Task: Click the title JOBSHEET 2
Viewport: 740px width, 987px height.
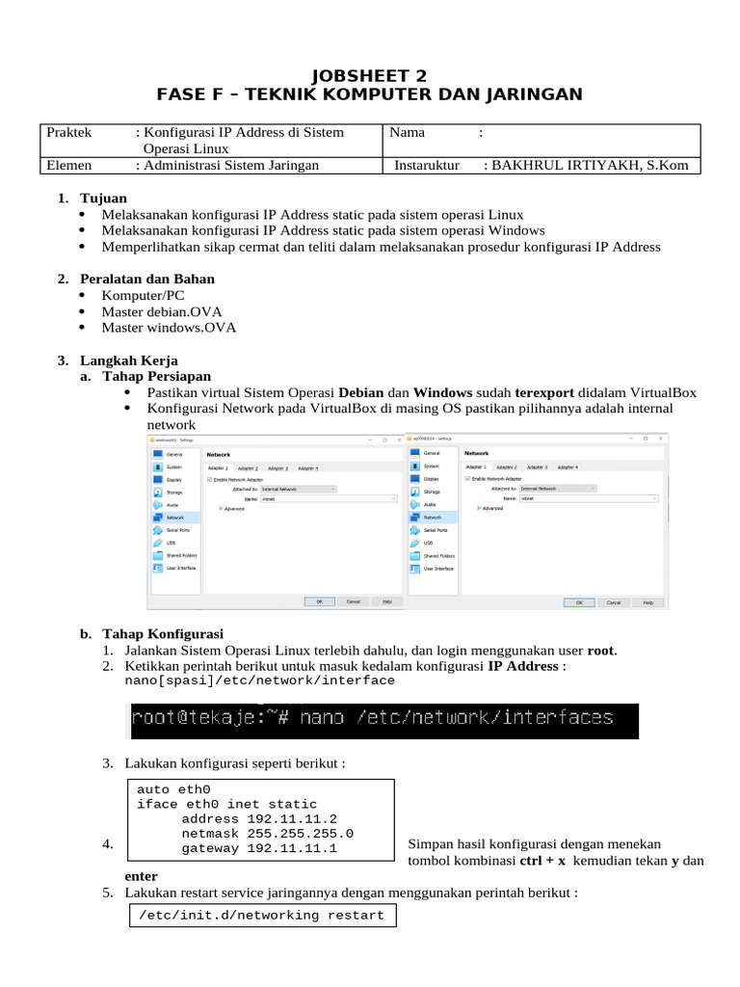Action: (x=370, y=75)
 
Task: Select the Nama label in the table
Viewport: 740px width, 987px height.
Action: (x=408, y=133)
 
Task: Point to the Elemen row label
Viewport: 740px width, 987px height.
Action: (x=70, y=165)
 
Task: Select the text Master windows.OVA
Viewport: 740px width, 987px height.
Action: (x=169, y=327)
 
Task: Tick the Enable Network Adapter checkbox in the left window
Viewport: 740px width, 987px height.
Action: (x=210, y=479)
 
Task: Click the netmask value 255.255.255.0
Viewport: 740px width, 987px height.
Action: (x=301, y=834)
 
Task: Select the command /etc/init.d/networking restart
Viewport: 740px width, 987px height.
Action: (x=261, y=915)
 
